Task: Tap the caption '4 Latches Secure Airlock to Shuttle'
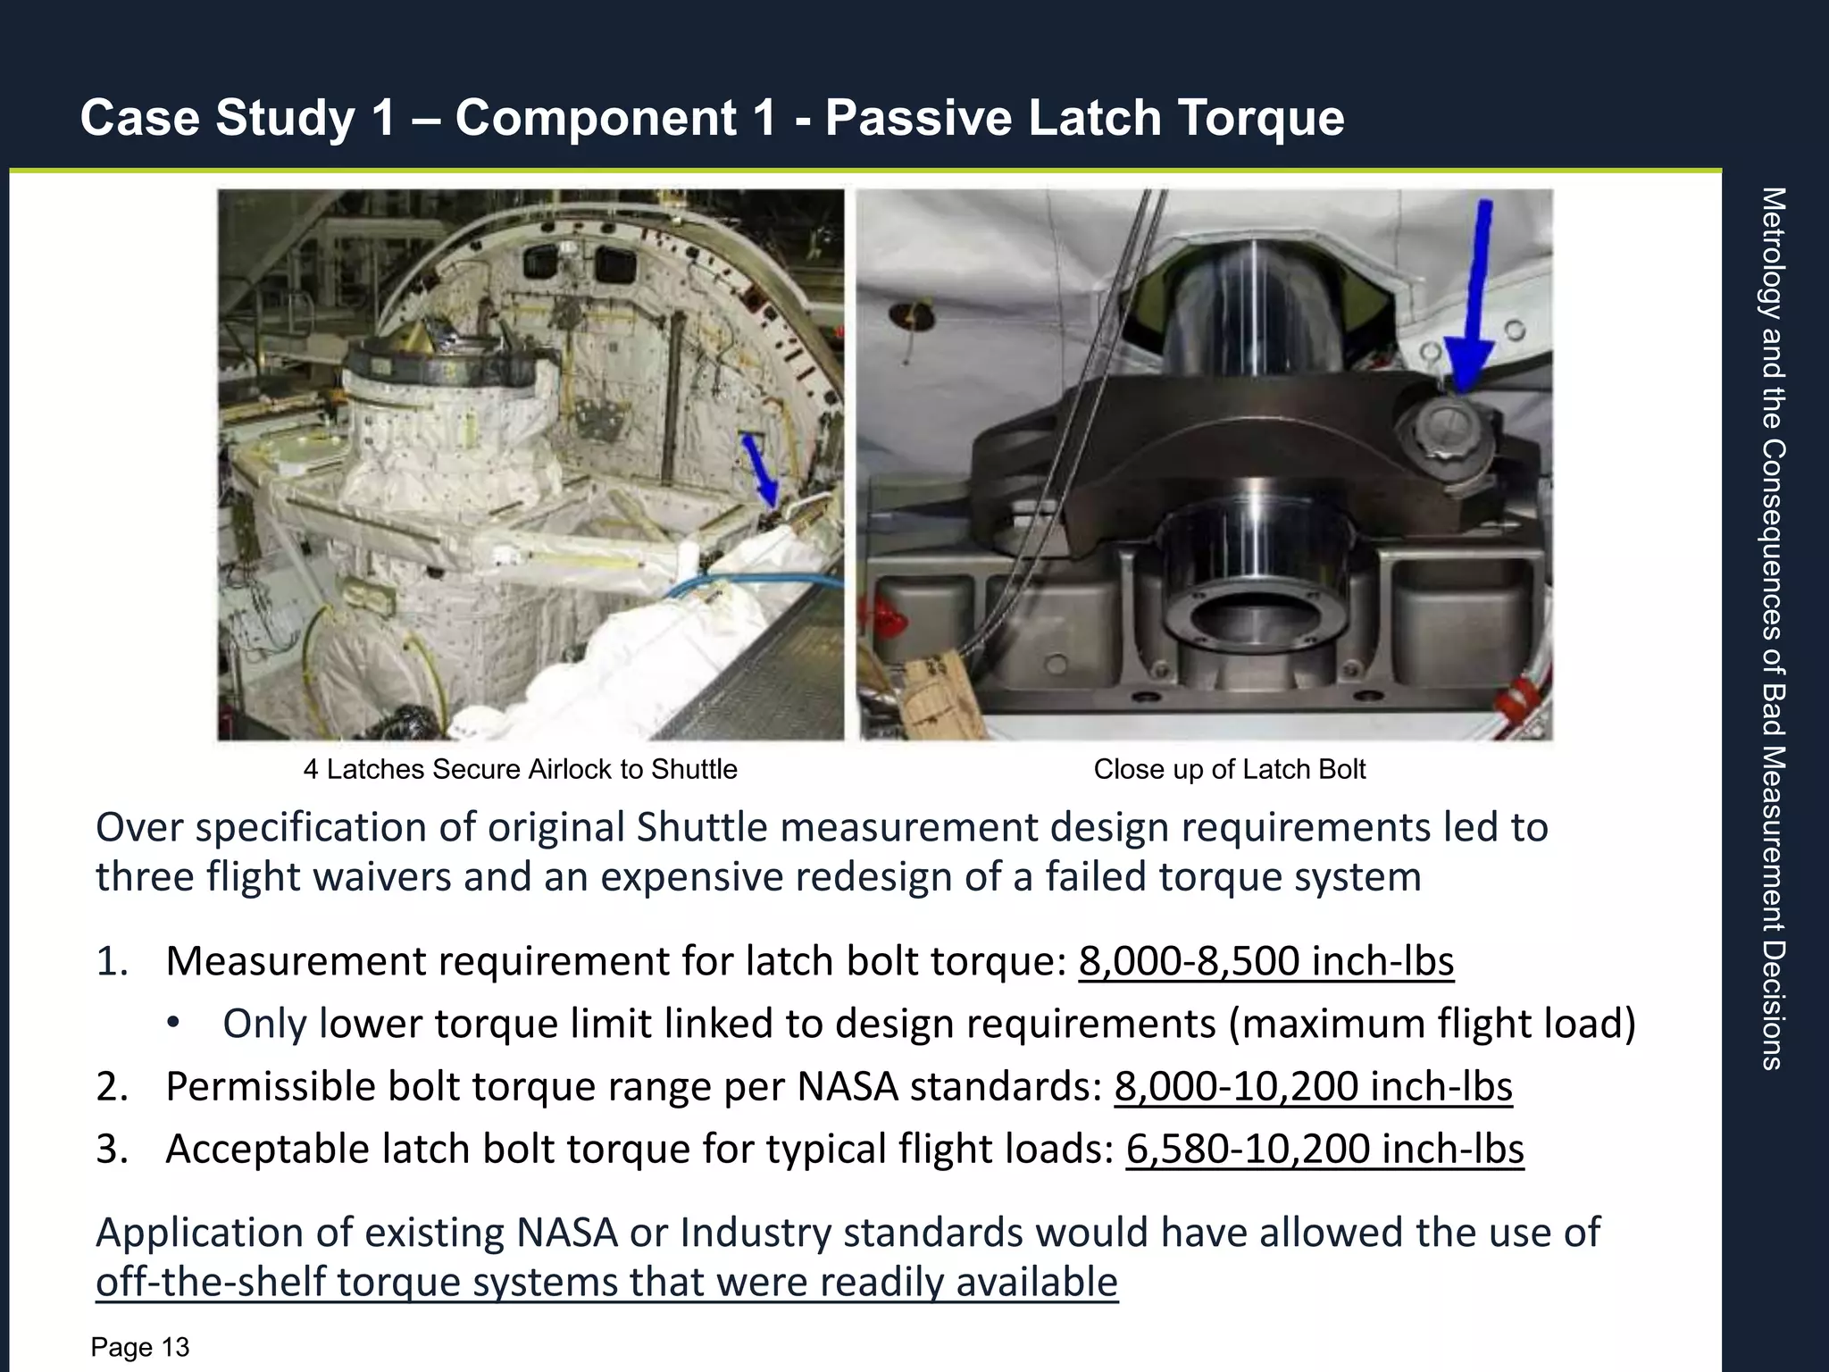coord(520,769)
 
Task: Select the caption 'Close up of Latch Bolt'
coord(1229,769)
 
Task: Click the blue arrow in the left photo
coord(761,470)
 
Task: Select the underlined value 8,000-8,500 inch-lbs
coord(1265,961)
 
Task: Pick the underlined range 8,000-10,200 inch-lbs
coord(1313,1087)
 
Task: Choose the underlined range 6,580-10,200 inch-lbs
coord(1324,1149)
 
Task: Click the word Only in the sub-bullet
coord(264,1024)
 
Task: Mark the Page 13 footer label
coord(140,1347)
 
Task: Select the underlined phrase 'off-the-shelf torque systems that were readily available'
coord(606,1282)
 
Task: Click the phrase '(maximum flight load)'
coord(1432,1024)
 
